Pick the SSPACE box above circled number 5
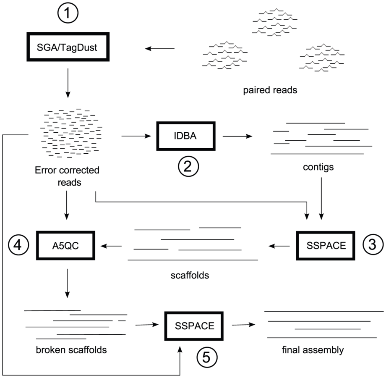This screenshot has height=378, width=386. click(194, 325)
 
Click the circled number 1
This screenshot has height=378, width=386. click(68, 16)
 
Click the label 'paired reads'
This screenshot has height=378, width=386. click(270, 90)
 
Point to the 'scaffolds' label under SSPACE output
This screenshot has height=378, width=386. click(190, 276)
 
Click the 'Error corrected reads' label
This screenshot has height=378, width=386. click(67, 176)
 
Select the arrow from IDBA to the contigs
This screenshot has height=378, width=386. click(237, 136)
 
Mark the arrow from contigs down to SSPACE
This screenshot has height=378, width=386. click(321, 197)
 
